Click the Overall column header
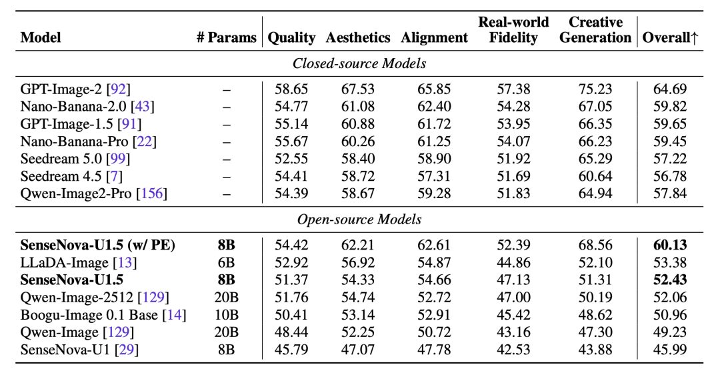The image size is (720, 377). [670, 37]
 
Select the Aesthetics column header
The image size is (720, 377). [358, 37]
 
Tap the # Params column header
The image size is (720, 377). [227, 37]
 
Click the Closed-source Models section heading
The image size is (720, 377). [359, 63]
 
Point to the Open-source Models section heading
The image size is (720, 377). [359, 220]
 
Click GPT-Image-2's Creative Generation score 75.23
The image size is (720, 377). [595, 89]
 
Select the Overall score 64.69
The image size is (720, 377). [670, 89]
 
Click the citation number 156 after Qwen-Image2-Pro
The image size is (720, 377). [152, 194]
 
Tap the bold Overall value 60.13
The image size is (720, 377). [670, 245]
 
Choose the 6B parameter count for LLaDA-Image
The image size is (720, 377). [227, 262]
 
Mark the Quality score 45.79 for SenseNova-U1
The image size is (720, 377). [291, 350]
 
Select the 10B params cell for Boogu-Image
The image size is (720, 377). [227, 315]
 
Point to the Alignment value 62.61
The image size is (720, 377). [434, 245]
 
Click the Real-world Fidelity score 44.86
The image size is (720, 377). [513, 262]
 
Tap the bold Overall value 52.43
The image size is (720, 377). [670, 280]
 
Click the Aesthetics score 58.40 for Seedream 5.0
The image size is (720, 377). [358, 159]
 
